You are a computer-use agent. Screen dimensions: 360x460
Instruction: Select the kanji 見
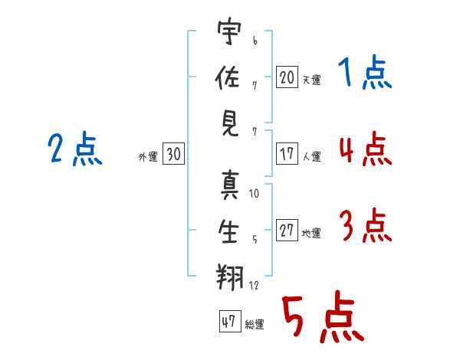(x=229, y=123)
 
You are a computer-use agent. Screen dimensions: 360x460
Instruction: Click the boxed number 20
(x=287, y=77)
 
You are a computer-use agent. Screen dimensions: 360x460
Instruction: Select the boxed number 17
(x=287, y=153)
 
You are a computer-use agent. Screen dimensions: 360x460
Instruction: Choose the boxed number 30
(x=173, y=155)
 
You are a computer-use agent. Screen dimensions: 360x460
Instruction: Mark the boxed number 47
(x=228, y=322)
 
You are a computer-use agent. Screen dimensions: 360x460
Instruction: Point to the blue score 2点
(x=75, y=149)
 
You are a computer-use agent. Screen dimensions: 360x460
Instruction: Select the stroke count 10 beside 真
(x=255, y=194)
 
